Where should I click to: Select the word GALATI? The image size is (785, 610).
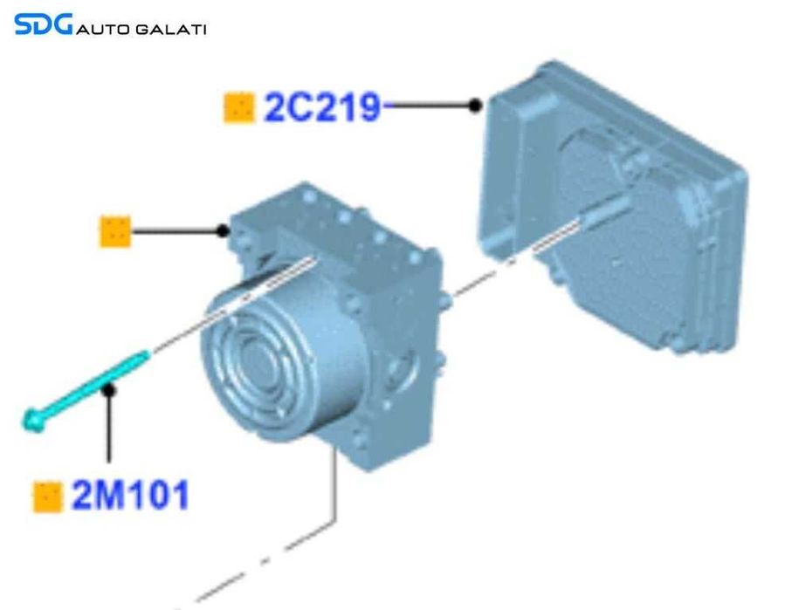click(x=172, y=30)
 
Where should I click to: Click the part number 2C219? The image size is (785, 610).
click(x=322, y=107)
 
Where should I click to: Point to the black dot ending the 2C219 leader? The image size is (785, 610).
click(x=474, y=106)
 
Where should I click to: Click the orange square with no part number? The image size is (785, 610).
click(x=115, y=231)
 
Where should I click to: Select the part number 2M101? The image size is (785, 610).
click(x=130, y=496)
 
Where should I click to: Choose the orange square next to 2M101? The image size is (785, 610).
click(x=47, y=497)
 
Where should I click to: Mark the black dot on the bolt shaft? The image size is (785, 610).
click(x=108, y=390)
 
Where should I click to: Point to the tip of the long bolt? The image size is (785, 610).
click(x=145, y=353)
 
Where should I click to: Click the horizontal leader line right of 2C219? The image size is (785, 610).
click(x=428, y=106)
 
